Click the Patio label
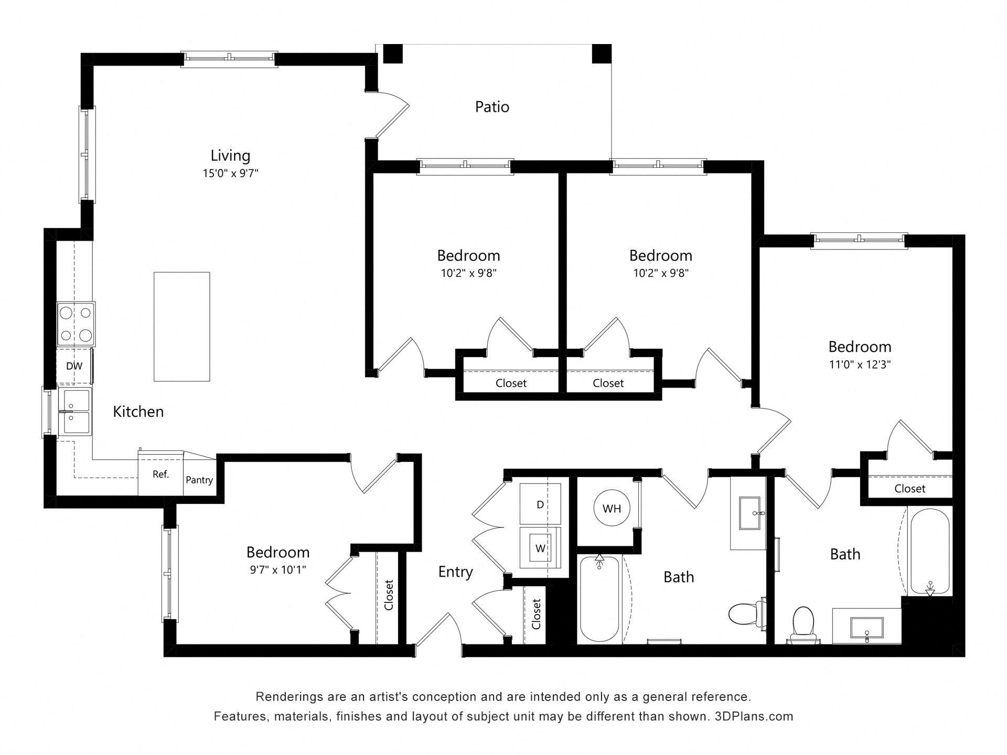(491, 107)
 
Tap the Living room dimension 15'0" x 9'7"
(230, 173)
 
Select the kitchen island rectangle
(181, 326)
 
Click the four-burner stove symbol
(76, 324)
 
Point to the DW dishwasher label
(74, 366)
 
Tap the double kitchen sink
(75, 412)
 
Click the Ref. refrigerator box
(160, 474)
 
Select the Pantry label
(199, 480)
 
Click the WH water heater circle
(612, 508)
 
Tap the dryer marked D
(540, 504)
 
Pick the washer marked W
(540, 548)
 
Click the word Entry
(455, 571)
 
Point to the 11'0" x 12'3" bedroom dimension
(860, 364)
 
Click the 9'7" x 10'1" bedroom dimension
(278, 569)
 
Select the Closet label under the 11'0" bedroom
(909, 488)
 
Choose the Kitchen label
(138, 412)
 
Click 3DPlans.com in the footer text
(754, 716)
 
